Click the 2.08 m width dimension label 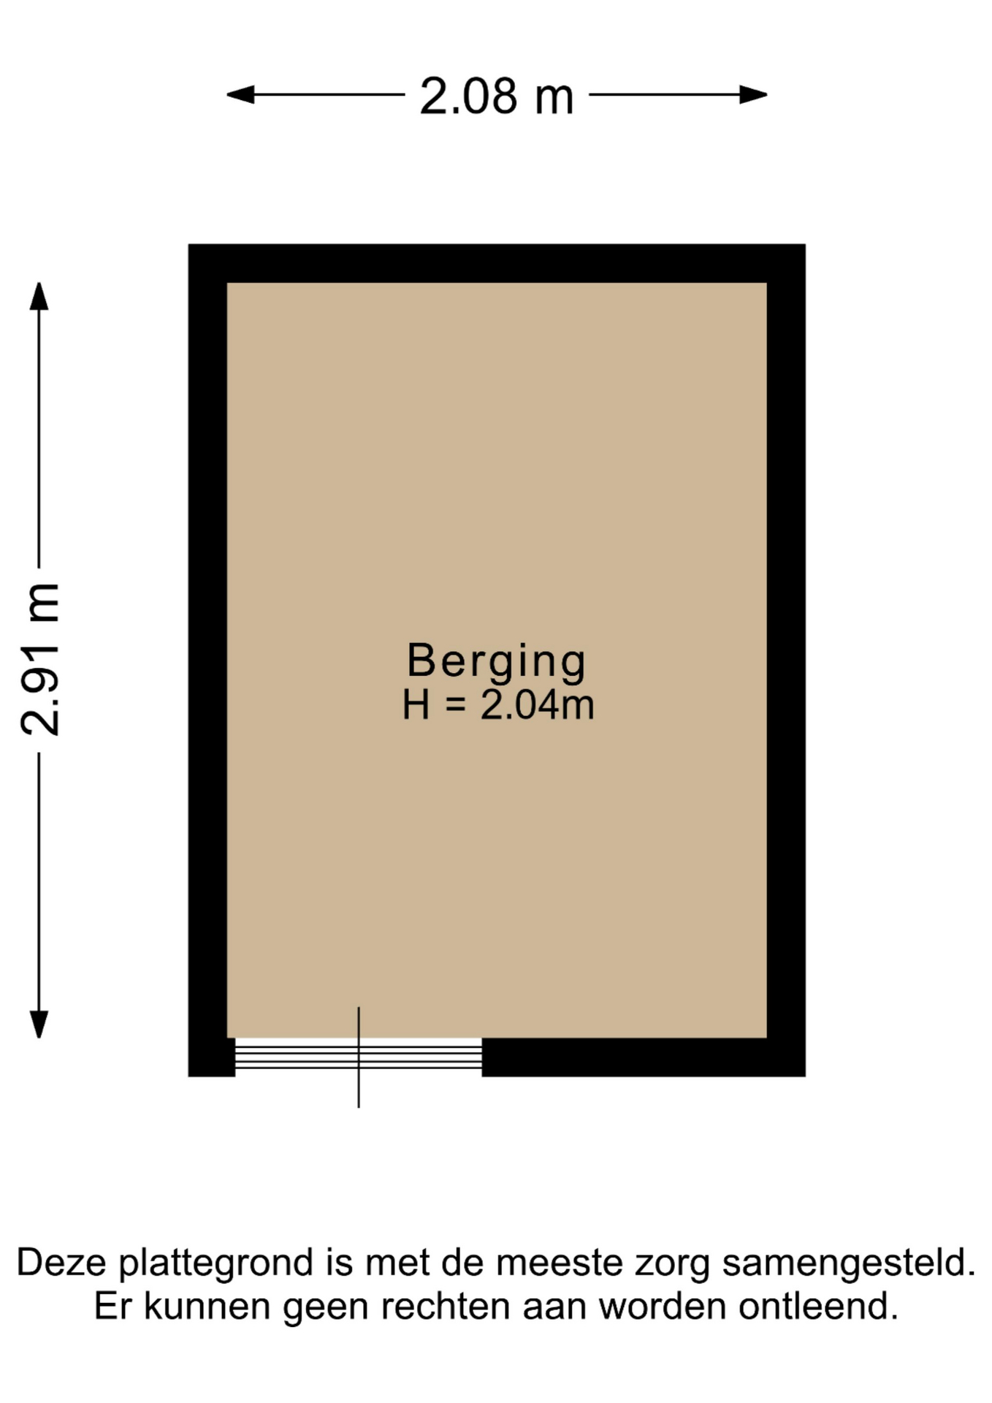coord(497,96)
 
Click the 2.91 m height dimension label coord(40,659)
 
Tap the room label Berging coord(497,662)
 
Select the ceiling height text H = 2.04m coord(498,705)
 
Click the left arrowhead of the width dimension coord(240,94)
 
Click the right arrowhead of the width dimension coord(753,94)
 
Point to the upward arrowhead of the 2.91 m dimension coord(39,296)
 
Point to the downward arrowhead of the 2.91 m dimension coord(39,1024)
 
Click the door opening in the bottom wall coord(358,1057)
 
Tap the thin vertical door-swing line coord(359,1057)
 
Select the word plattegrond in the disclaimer coord(216,1264)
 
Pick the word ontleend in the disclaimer coord(818,1307)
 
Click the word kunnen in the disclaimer coord(207,1307)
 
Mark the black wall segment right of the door coord(644,1057)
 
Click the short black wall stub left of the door coord(212,1057)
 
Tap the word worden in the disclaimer coord(663,1307)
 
